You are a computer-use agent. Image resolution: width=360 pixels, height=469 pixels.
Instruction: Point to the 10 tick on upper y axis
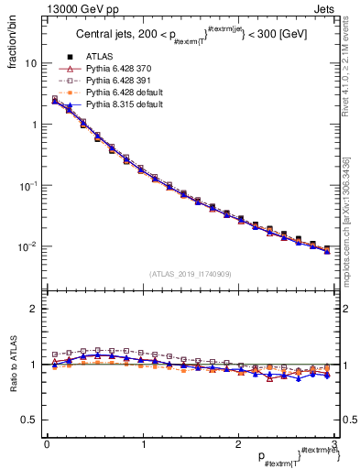tap(30, 63)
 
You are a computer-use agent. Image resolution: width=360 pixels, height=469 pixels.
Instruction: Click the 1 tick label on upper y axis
tap(33, 125)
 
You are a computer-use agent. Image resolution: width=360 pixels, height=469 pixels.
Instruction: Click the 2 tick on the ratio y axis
tap(33, 309)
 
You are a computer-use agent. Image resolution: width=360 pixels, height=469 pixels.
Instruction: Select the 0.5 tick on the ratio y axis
tap(29, 420)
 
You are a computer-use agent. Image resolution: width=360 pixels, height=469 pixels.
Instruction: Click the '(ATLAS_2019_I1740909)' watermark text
tap(190, 274)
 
